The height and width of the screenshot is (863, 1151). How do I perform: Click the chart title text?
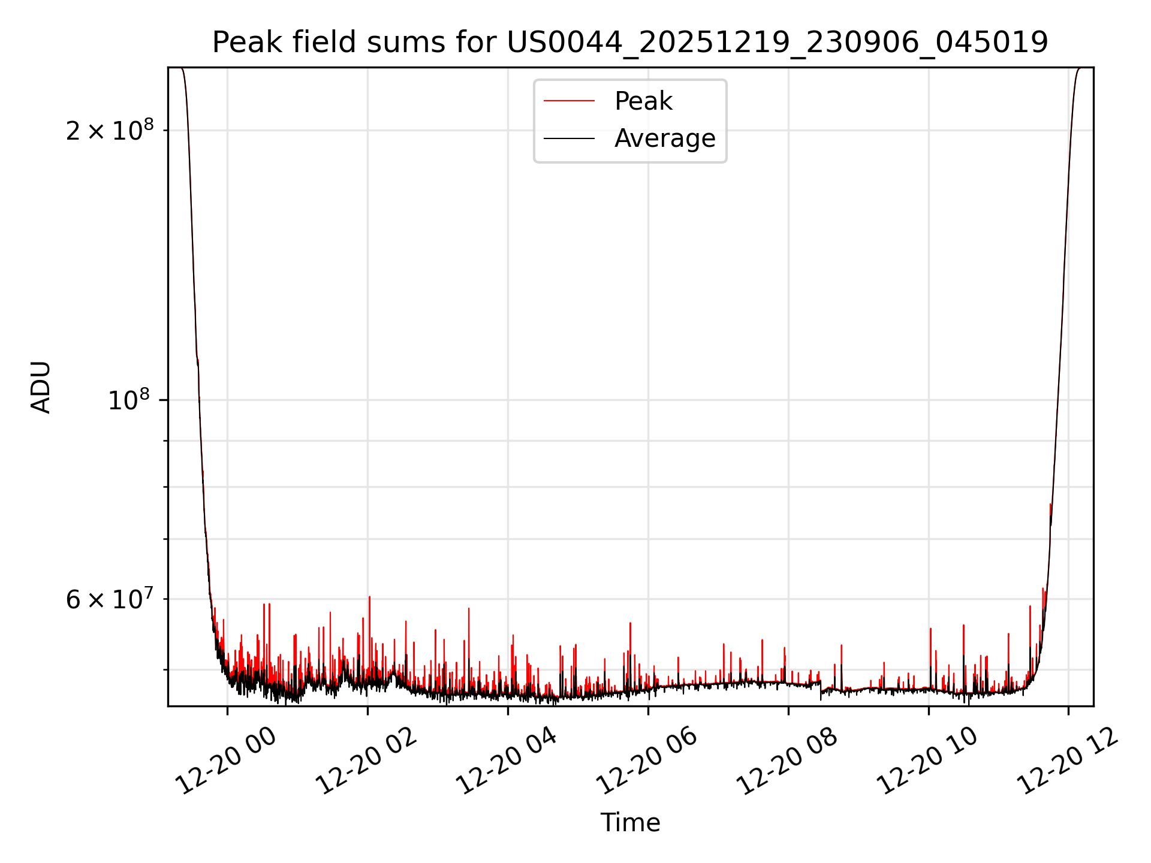630,42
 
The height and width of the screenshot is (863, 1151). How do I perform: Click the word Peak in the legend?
643,101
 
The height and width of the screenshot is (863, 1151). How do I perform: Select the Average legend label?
665,138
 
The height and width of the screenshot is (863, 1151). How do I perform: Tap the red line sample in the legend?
569,101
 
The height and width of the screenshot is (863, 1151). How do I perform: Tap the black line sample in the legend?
569,138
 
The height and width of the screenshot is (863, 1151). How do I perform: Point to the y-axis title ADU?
41,387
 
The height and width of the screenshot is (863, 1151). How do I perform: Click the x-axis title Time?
630,822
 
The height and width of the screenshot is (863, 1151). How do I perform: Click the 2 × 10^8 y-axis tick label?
110,131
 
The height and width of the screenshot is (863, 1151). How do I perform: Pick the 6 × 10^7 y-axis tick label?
110,599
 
